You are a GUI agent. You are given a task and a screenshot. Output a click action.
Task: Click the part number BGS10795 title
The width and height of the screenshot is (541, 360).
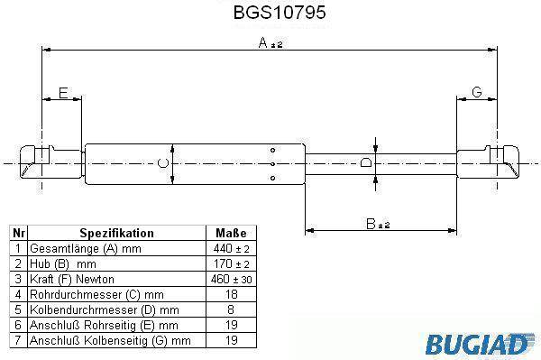tap(280, 13)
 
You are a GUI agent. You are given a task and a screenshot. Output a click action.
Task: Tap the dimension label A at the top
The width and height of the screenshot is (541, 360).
tap(263, 42)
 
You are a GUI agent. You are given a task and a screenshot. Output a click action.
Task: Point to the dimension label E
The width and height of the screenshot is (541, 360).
tap(63, 93)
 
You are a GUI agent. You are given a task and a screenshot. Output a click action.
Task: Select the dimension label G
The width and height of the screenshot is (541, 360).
tap(476, 92)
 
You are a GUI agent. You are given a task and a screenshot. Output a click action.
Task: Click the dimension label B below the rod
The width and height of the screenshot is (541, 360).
tap(371, 224)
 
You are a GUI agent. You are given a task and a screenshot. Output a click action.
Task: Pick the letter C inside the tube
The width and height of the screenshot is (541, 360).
tap(163, 163)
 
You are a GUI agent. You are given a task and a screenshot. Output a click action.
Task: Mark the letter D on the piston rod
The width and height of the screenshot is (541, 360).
tap(366, 162)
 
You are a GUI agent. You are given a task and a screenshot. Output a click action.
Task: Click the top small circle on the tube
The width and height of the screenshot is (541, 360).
tap(272, 150)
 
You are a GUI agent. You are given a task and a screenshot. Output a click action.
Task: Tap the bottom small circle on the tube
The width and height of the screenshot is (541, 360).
tap(272, 178)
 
